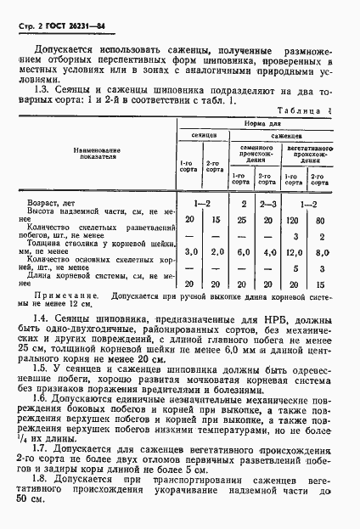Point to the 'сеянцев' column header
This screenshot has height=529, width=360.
pos(203,135)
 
